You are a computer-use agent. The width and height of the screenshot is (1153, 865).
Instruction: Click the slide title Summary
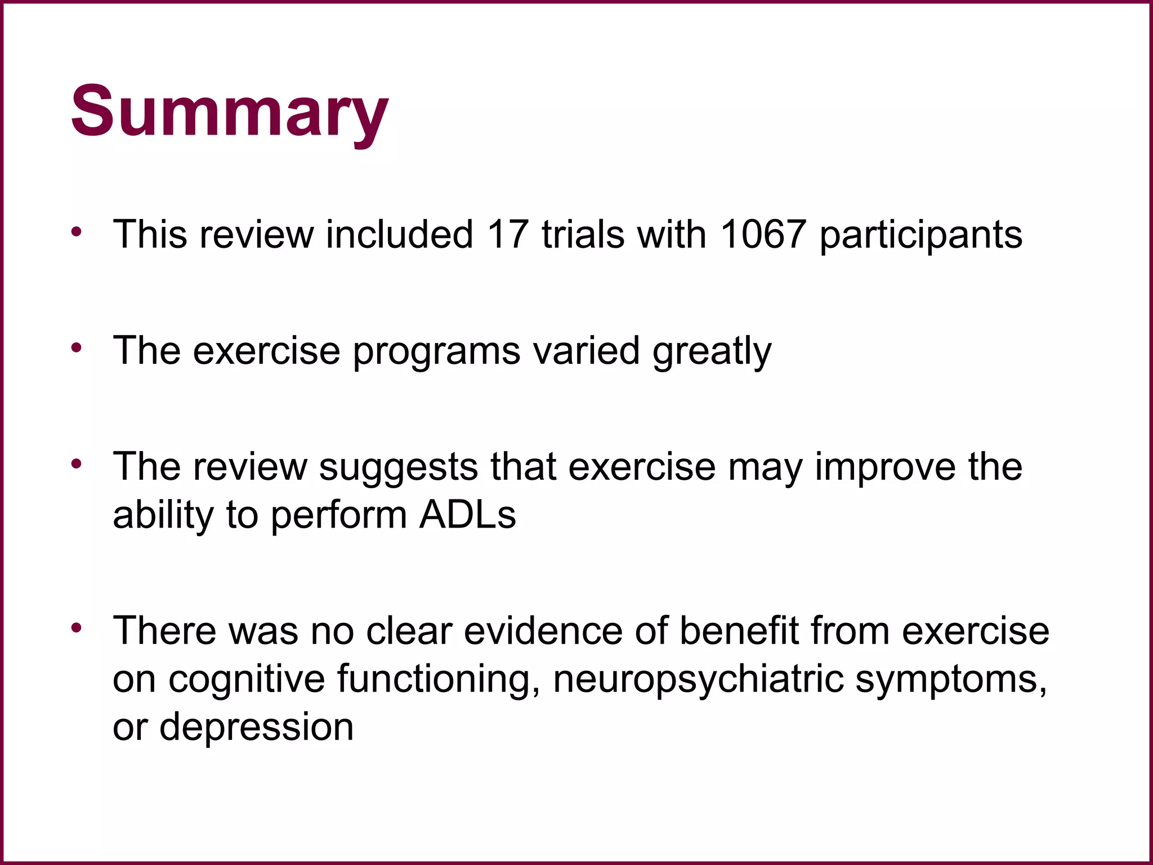coord(229,111)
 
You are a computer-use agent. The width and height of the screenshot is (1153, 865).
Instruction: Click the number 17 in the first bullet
coord(508,234)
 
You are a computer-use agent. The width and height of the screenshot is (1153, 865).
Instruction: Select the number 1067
coord(763,234)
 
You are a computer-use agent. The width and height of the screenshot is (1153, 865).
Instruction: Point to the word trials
coord(583,234)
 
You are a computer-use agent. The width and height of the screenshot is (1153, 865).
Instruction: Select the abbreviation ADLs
coord(467,515)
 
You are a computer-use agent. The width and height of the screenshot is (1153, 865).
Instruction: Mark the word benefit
coord(739,631)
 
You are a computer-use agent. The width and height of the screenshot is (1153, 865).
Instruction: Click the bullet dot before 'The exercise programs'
coord(77,347)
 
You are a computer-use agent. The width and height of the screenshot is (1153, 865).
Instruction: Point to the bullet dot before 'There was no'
coord(77,627)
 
